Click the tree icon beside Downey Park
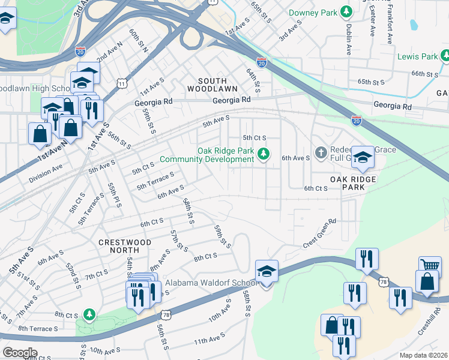(x=346, y=12)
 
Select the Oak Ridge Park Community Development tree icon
(x=263, y=155)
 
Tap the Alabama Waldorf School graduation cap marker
(x=267, y=272)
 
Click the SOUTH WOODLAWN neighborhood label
(x=212, y=85)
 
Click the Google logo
(x=20, y=353)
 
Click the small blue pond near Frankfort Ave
(x=414, y=25)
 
